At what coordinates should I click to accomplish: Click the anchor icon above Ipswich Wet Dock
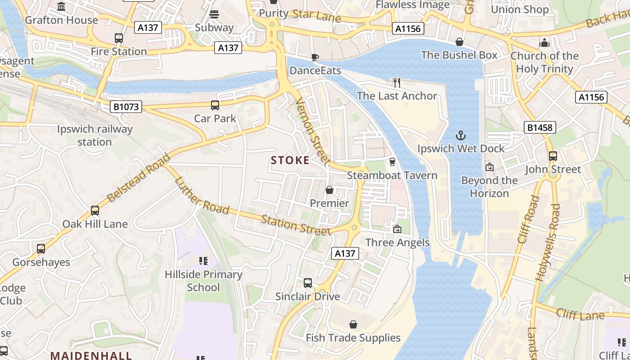tap(461, 135)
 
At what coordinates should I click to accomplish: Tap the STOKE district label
tap(290, 160)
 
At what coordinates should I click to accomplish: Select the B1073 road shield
tap(126, 107)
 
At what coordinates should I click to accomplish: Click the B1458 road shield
tap(540, 127)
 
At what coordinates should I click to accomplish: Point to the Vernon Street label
tap(314, 131)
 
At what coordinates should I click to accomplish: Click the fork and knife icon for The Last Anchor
tap(396, 82)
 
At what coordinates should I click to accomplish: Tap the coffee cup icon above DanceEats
tap(315, 57)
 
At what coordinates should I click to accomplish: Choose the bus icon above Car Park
tap(215, 105)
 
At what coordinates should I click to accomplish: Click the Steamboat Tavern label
tap(392, 175)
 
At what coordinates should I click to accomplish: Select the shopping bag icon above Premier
tap(329, 190)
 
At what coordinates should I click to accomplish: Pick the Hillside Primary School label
tap(203, 280)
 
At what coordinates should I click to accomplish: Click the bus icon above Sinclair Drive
tap(308, 283)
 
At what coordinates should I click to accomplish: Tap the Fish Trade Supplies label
tap(353, 337)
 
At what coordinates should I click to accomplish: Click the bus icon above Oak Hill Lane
tap(95, 210)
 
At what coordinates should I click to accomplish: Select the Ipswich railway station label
tap(95, 135)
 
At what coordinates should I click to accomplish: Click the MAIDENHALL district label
tap(91, 355)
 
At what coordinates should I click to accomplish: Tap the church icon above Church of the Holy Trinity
tap(544, 43)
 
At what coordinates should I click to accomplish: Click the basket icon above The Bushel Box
tap(459, 42)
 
